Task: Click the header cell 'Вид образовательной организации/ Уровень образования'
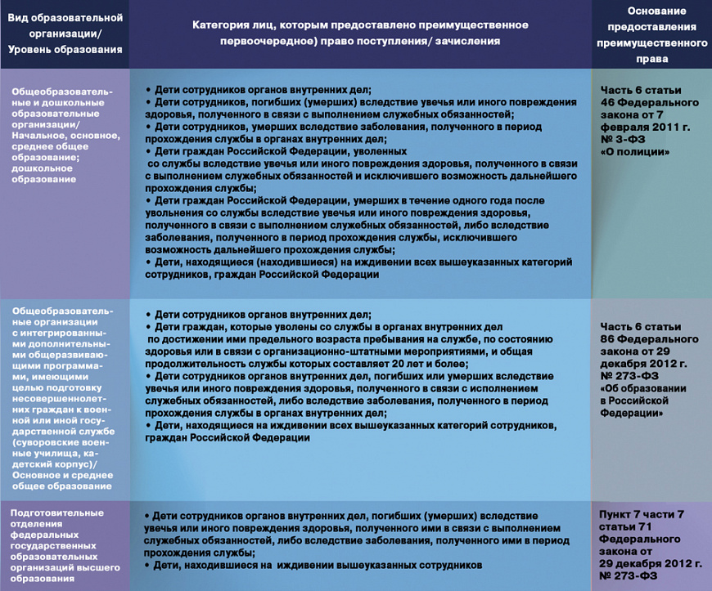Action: pyautogui.click(x=65, y=34)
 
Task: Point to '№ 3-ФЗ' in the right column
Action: pyautogui.click(x=626, y=140)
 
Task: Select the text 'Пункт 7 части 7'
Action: pyautogui.click(x=641, y=514)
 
